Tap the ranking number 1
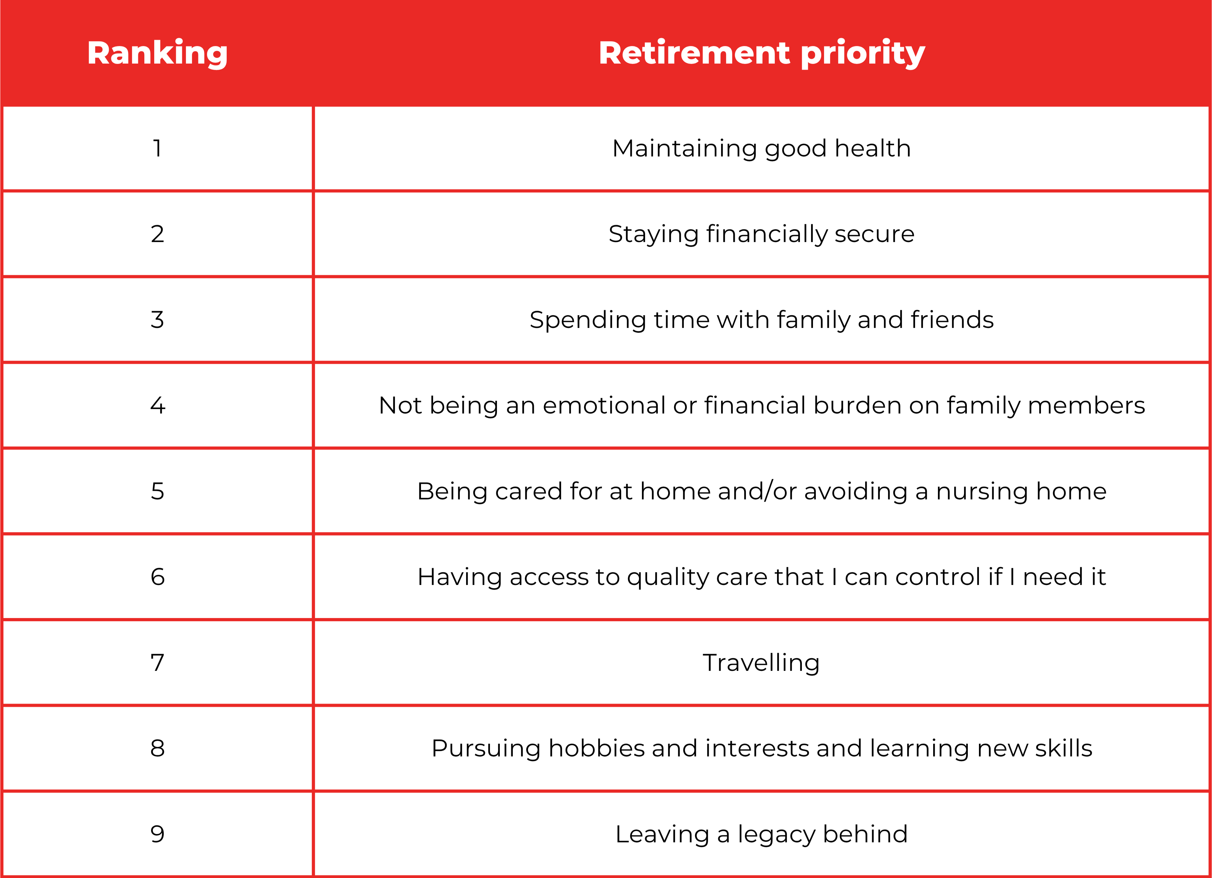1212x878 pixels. coord(157,148)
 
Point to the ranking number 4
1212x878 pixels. coord(158,405)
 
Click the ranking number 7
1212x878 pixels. coord(157,663)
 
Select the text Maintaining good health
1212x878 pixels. coord(761,149)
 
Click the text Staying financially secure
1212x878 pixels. coord(761,235)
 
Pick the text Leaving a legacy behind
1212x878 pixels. coord(761,835)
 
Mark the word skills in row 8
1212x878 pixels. coord(1064,748)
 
